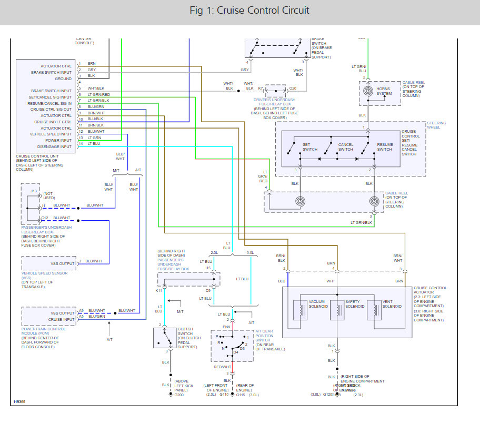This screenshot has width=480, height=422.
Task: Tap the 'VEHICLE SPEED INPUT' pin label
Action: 50,134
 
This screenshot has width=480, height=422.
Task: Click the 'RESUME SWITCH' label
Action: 385,146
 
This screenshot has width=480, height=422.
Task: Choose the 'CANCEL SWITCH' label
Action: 346,146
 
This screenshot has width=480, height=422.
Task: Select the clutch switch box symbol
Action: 165,337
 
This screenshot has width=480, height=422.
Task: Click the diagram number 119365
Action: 19,403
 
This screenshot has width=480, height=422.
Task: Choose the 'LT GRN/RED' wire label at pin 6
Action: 99,94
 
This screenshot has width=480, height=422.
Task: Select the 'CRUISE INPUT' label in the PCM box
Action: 61,319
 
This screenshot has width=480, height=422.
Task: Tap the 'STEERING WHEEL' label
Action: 436,125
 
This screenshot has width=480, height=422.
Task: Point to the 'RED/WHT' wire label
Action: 223,367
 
